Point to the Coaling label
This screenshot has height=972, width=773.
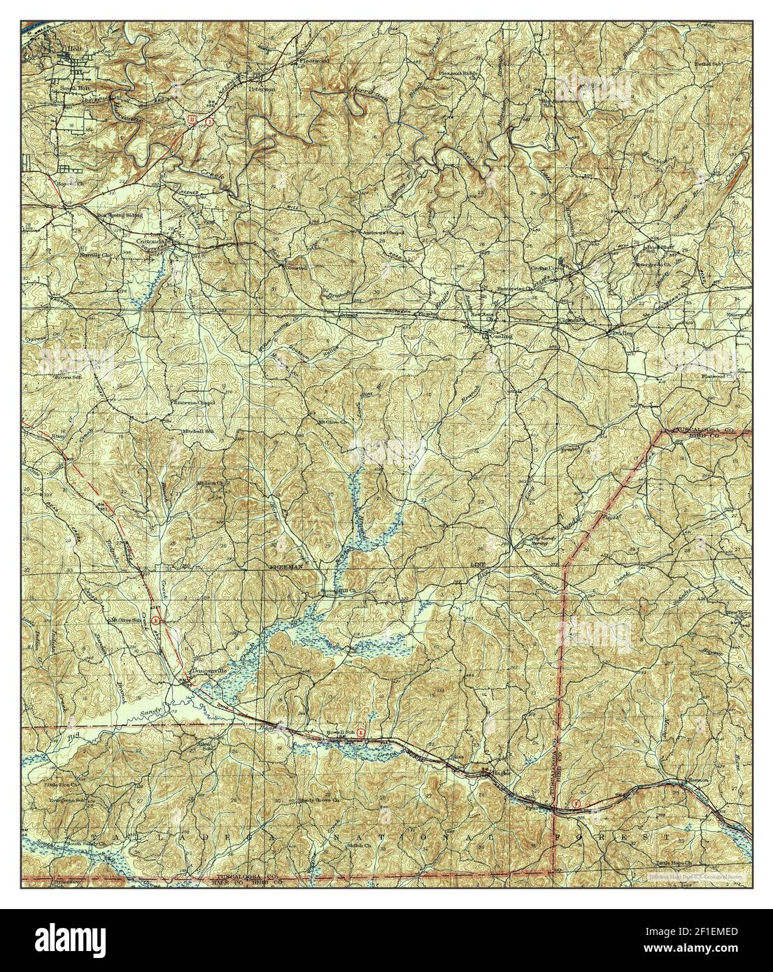[501, 336]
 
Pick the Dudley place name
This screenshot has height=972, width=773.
[622, 334]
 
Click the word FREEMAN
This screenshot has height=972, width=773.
[287, 569]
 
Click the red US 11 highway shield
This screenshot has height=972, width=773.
[190, 120]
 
